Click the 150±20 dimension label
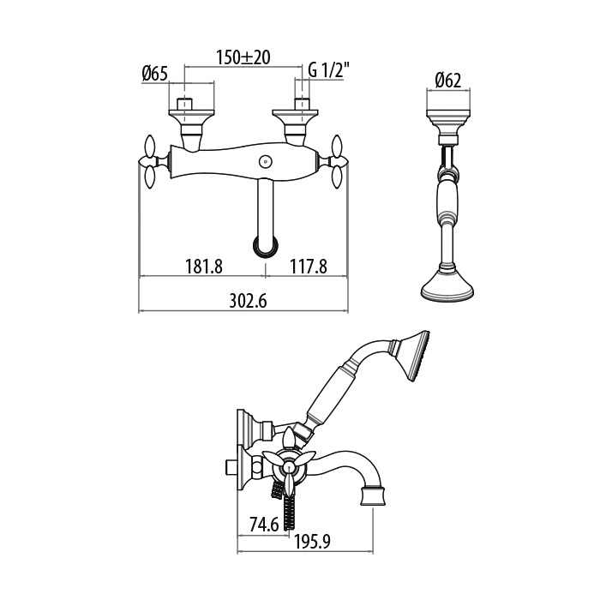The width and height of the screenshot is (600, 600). pos(243,57)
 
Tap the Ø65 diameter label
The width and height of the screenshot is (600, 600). pos(155,73)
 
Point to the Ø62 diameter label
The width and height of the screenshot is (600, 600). pos(448,81)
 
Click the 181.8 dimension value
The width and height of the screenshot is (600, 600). pos(204,267)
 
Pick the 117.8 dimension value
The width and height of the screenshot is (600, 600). pos(309,267)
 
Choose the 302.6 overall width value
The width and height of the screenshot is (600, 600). pos(248,301)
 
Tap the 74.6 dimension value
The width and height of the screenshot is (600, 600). pos(264,525)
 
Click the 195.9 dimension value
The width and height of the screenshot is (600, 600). pos(312,542)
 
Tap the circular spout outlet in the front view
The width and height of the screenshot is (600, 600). pos(265,247)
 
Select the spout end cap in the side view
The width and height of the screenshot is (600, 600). pos(372,496)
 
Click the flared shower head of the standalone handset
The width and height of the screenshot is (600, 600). pos(447,285)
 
